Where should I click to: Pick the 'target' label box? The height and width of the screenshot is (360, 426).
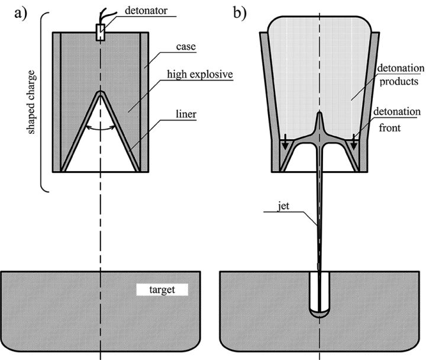[x=162, y=290]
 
